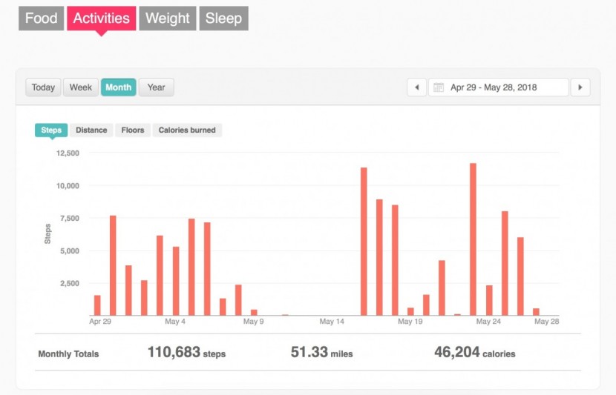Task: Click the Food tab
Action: pos(41,19)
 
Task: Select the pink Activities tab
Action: pos(101,19)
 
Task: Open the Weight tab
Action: pos(168,19)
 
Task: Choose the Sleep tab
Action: pos(223,19)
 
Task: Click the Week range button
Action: pos(81,87)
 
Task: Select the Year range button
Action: pos(156,87)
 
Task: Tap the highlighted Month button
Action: pos(118,87)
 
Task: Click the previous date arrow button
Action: pos(416,87)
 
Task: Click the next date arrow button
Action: pos(580,87)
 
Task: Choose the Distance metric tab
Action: pos(91,130)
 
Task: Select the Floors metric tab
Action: pos(133,130)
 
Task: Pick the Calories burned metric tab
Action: pos(187,130)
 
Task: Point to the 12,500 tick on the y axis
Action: pos(68,153)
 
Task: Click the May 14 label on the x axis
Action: pos(332,322)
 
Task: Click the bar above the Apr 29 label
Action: pos(97,305)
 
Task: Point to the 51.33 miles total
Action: pos(321,353)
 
